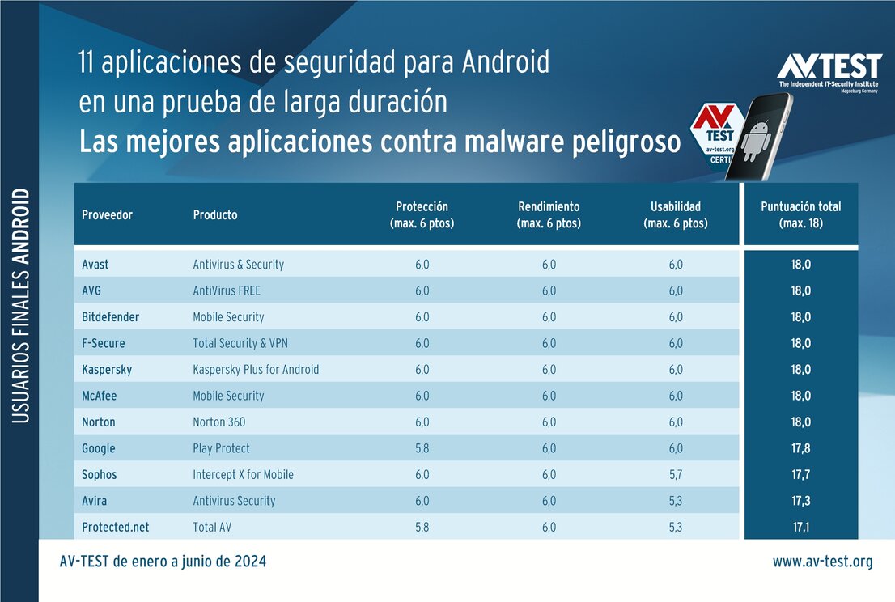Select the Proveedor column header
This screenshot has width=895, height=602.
click(107, 215)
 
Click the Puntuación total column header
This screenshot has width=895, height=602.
click(800, 215)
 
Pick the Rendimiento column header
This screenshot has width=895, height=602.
click(549, 215)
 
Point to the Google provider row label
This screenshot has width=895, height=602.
click(99, 448)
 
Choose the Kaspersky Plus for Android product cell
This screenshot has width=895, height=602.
click(256, 370)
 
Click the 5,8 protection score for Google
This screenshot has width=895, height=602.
click(422, 448)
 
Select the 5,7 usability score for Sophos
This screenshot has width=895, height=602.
click(675, 475)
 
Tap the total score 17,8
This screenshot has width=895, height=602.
click(800, 448)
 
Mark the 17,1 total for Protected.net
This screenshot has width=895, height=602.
click(800, 528)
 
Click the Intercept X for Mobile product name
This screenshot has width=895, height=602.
click(243, 475)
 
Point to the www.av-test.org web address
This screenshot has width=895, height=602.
click(822, 562)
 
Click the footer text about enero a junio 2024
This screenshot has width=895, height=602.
click(163, 562)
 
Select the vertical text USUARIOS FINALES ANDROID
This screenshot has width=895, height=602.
click(22, 306)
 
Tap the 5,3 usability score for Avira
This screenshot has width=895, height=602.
click(675, 501)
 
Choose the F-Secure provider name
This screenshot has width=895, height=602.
click(104, 343)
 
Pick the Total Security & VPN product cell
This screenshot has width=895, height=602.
click(241, 343)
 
